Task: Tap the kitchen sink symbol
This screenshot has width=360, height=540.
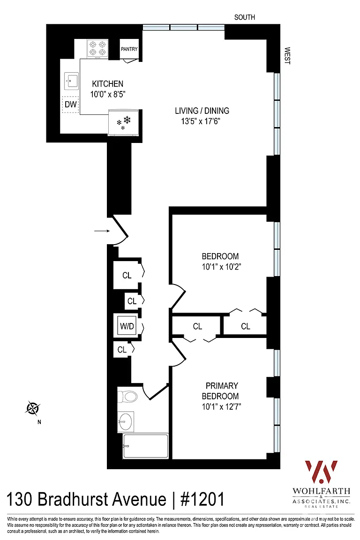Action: pyautogui.click(x=71, y=81)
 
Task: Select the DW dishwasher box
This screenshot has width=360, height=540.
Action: pyautogui.click(x=71, y=104)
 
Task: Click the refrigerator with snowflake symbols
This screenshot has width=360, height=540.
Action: pyautogui.click(x=123, y=122)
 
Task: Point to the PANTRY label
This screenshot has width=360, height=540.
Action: pyautogui.click(x=129, y=49)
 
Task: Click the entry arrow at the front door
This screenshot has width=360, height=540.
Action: pyautogui.click(x=102, y=231)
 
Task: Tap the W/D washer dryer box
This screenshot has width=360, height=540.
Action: pyautogui.click(x=127, y=326)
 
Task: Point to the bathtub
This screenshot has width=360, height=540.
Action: pyautogui.click(x=146, y=446)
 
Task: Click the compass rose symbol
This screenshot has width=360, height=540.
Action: pyautogui.click(x=33, y=408)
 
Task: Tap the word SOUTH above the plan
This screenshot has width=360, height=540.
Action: pyautogui.click(x=245, y=17)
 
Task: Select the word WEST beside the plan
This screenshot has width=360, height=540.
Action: pyautogui.click(x=287, y=56)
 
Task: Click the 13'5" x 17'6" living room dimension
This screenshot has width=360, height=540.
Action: pyautogui.click(x=201, y=121)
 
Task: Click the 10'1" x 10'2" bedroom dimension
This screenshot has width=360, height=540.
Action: pyautogui.click(x=221, y=267)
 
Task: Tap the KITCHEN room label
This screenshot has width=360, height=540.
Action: pyautogui.click(x=107, y=84)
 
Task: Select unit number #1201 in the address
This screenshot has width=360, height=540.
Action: pyautogui.click(x=202, y=499)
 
